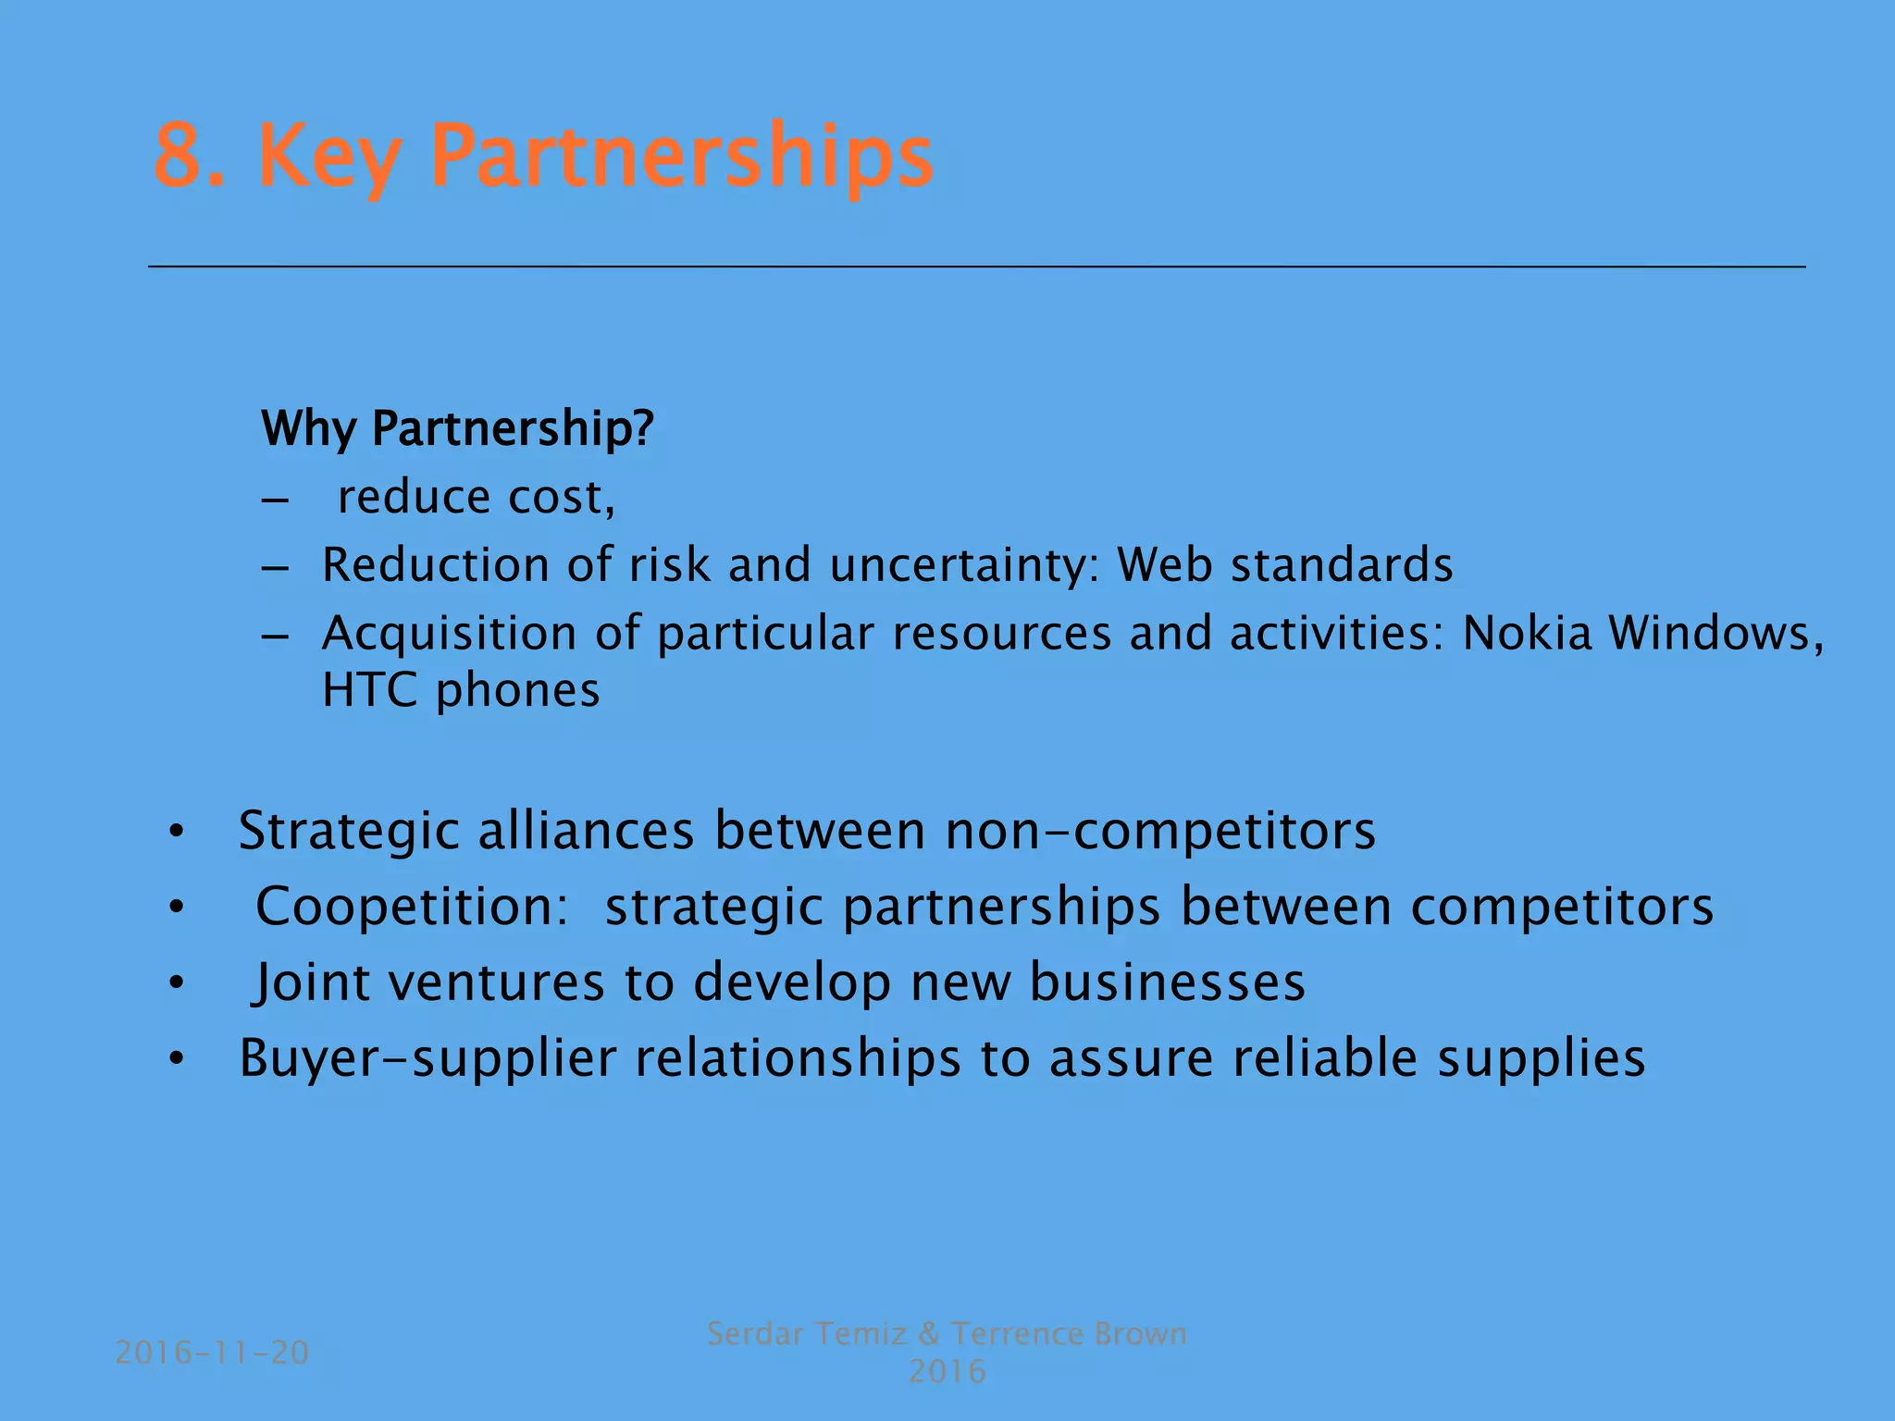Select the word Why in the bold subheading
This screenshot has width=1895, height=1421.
click(309, 429)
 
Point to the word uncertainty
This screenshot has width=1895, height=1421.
click(966, 565)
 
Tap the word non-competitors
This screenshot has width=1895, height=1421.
click(1160, 831)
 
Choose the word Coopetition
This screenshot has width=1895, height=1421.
click(412, 907)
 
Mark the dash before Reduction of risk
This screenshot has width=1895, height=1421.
click(275, 566)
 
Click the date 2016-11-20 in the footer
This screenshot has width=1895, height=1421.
click(212, 1353)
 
